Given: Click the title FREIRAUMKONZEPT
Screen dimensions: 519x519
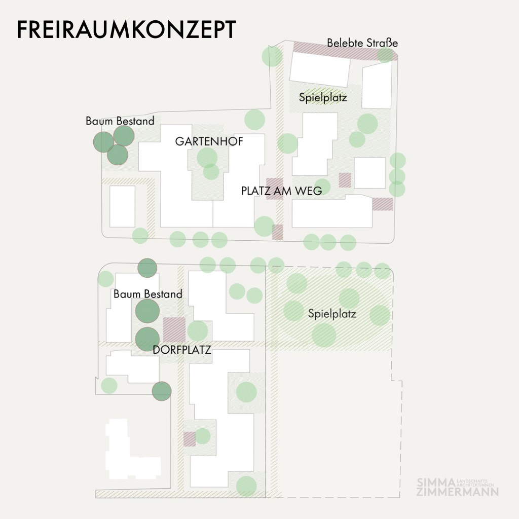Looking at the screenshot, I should [126, 30].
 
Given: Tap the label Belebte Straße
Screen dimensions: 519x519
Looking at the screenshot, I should [362, 43].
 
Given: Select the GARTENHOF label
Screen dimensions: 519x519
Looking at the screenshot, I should [209, 141].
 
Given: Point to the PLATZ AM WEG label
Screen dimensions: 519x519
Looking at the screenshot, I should [281, 191].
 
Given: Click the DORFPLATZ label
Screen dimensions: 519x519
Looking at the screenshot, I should [182, 350].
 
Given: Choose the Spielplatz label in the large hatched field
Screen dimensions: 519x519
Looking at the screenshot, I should [332, 314].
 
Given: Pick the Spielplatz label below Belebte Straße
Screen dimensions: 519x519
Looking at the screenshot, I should [323, 97].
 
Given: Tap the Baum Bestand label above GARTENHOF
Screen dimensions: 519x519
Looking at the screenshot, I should [120, 121].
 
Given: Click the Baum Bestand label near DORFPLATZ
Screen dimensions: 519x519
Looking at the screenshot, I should [147, 294].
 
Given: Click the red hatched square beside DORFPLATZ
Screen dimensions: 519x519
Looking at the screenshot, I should [174, 329].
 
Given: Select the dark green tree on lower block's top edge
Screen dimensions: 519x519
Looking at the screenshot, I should [147, 268].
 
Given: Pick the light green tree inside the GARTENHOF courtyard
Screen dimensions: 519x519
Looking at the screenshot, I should [207, 157].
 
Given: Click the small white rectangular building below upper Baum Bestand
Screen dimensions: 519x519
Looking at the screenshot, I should [122, 206].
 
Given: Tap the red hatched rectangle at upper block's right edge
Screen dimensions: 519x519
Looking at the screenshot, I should [383, 204].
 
